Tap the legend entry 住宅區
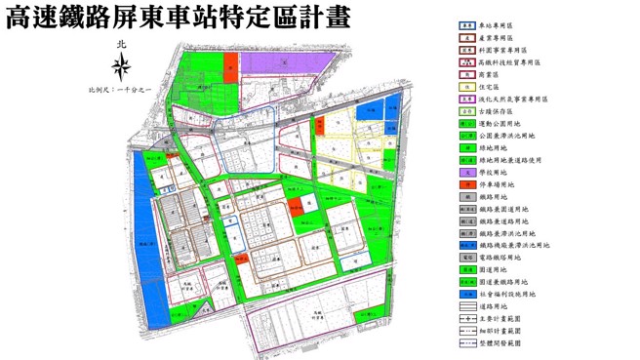click(488, 86)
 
